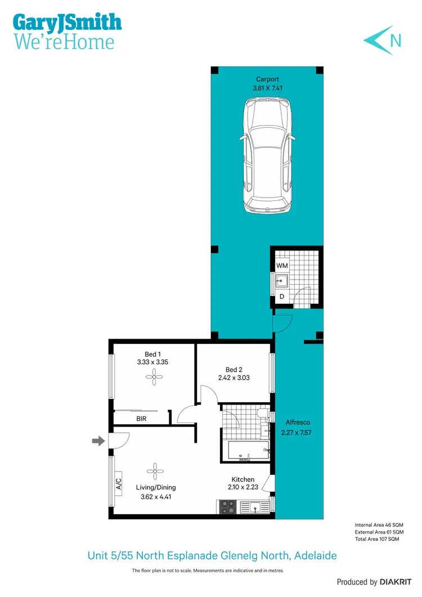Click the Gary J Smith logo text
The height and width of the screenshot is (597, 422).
pyautogui.click(x=67, y=23)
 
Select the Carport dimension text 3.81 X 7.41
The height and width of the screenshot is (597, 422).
pyautogui.click(x=267, y=88)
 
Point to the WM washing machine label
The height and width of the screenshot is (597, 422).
pyautogui.click(x=281, y=265)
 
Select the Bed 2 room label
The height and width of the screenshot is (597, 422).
pyautogui.click(x=234, y=370)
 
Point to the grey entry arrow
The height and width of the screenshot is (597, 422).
pyautogui.click(x=98, y=442)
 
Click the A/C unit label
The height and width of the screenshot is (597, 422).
pyautogui.click(x=119, y=484)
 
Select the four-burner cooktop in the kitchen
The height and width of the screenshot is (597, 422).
pyautogui.click(x=228, y=507)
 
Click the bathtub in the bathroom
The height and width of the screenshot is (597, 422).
pyautogui.click(x=247, y=450)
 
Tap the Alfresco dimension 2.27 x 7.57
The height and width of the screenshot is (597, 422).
pyautogui.click(x=296, y=433)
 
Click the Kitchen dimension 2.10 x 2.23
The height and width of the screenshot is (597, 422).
pyautogui.click(x=243, y=487)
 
